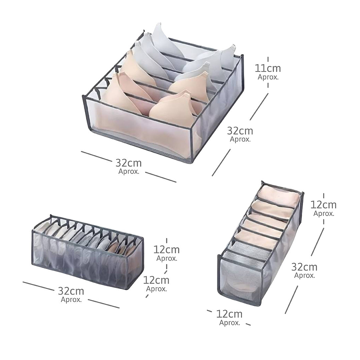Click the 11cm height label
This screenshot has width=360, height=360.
point(268,68)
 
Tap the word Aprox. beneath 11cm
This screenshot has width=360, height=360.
point(268,77)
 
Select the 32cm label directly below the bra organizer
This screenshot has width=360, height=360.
point(129,163)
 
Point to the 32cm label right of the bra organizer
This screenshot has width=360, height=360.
point(240,131)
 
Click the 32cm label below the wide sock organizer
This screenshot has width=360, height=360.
point(71,291)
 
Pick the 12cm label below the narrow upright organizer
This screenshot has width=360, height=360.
point(229,314)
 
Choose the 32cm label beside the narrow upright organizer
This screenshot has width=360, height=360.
point(304,267)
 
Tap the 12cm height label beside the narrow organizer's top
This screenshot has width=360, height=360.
point(323,205)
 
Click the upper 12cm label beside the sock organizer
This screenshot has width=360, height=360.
point(166,250)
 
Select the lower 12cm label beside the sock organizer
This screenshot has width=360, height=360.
point(156,280)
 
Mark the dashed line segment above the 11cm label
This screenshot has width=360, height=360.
point(268,59)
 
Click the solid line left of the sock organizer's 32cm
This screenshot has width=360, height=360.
point(38,286)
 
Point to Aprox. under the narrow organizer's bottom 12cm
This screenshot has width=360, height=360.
point(230,323)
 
